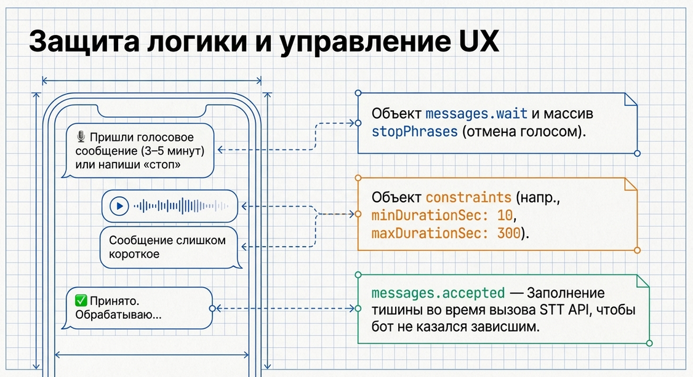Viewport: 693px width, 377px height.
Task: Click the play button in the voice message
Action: tap(119, 206)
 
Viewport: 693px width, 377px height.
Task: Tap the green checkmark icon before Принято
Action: tap(81, 301)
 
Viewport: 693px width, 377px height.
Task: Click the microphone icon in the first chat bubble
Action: tap(81, 137)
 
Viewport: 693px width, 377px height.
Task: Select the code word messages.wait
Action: tap(476, 114)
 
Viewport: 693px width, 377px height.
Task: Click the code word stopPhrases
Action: tap(415, 132)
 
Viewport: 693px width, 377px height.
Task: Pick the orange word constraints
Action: tap(468, 197)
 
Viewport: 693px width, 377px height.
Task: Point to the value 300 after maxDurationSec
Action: tap(509, 232)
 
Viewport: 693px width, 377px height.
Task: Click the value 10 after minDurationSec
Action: tap(505, 215)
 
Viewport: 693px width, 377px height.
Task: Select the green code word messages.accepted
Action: tap(438, 293)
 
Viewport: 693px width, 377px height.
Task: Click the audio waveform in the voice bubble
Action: tap(181, 205)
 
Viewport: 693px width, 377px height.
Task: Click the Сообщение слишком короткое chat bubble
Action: tap(170, 247)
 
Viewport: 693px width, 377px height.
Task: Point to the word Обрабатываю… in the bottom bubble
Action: tap(118, 315)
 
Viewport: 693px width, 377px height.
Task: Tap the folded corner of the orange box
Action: tap(631, 184)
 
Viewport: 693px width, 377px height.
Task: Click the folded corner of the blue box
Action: tap(631, 100)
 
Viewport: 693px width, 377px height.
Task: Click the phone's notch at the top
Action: tap(151, 111)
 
